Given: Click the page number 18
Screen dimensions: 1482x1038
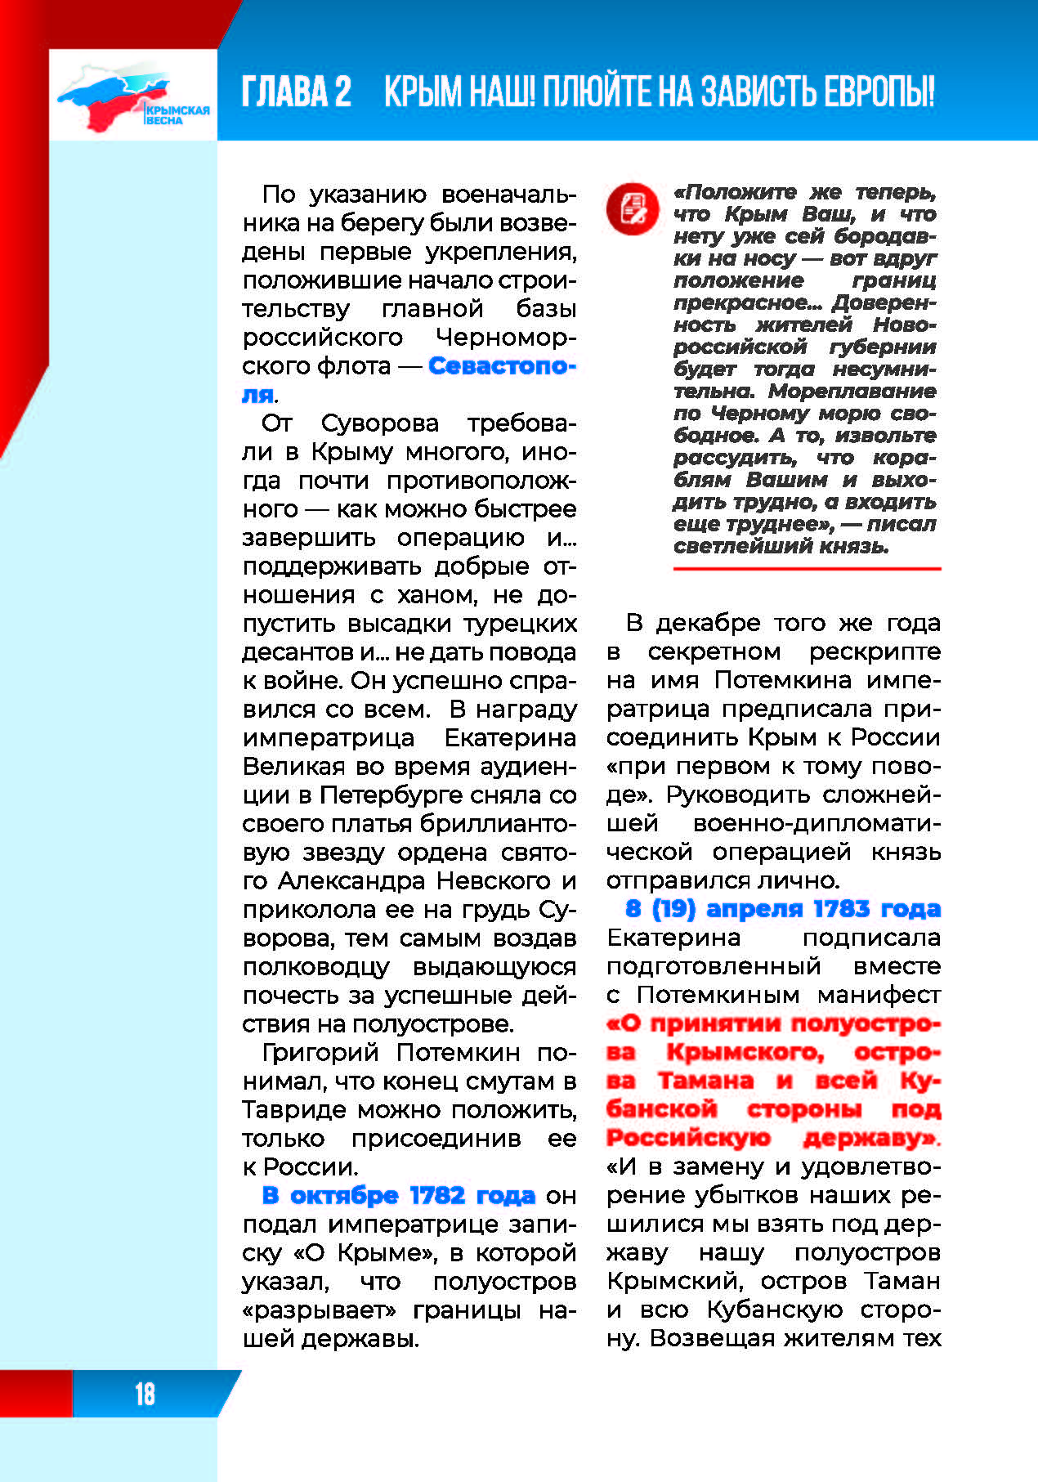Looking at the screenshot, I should (145, 1394).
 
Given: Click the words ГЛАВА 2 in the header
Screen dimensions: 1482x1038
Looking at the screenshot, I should (297, 92).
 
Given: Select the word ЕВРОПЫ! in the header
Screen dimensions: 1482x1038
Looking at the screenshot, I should (879, 92).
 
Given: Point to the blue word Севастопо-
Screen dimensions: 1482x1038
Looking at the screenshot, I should (502, 365).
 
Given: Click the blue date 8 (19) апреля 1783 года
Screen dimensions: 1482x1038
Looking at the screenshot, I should (783, 909).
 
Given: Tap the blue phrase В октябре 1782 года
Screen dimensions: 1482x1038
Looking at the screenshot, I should (399, 1195).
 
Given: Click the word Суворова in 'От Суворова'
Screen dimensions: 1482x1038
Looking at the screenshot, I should (379, 423).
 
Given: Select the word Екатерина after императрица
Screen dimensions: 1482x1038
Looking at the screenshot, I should (510, 738).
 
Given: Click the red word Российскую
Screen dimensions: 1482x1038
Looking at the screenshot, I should (688, 1138).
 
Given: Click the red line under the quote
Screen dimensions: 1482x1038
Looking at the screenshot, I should (807, 568).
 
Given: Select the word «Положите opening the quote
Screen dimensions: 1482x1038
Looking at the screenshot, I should (735, 192).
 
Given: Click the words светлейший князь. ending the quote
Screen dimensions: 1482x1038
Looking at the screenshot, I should (781, 546).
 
